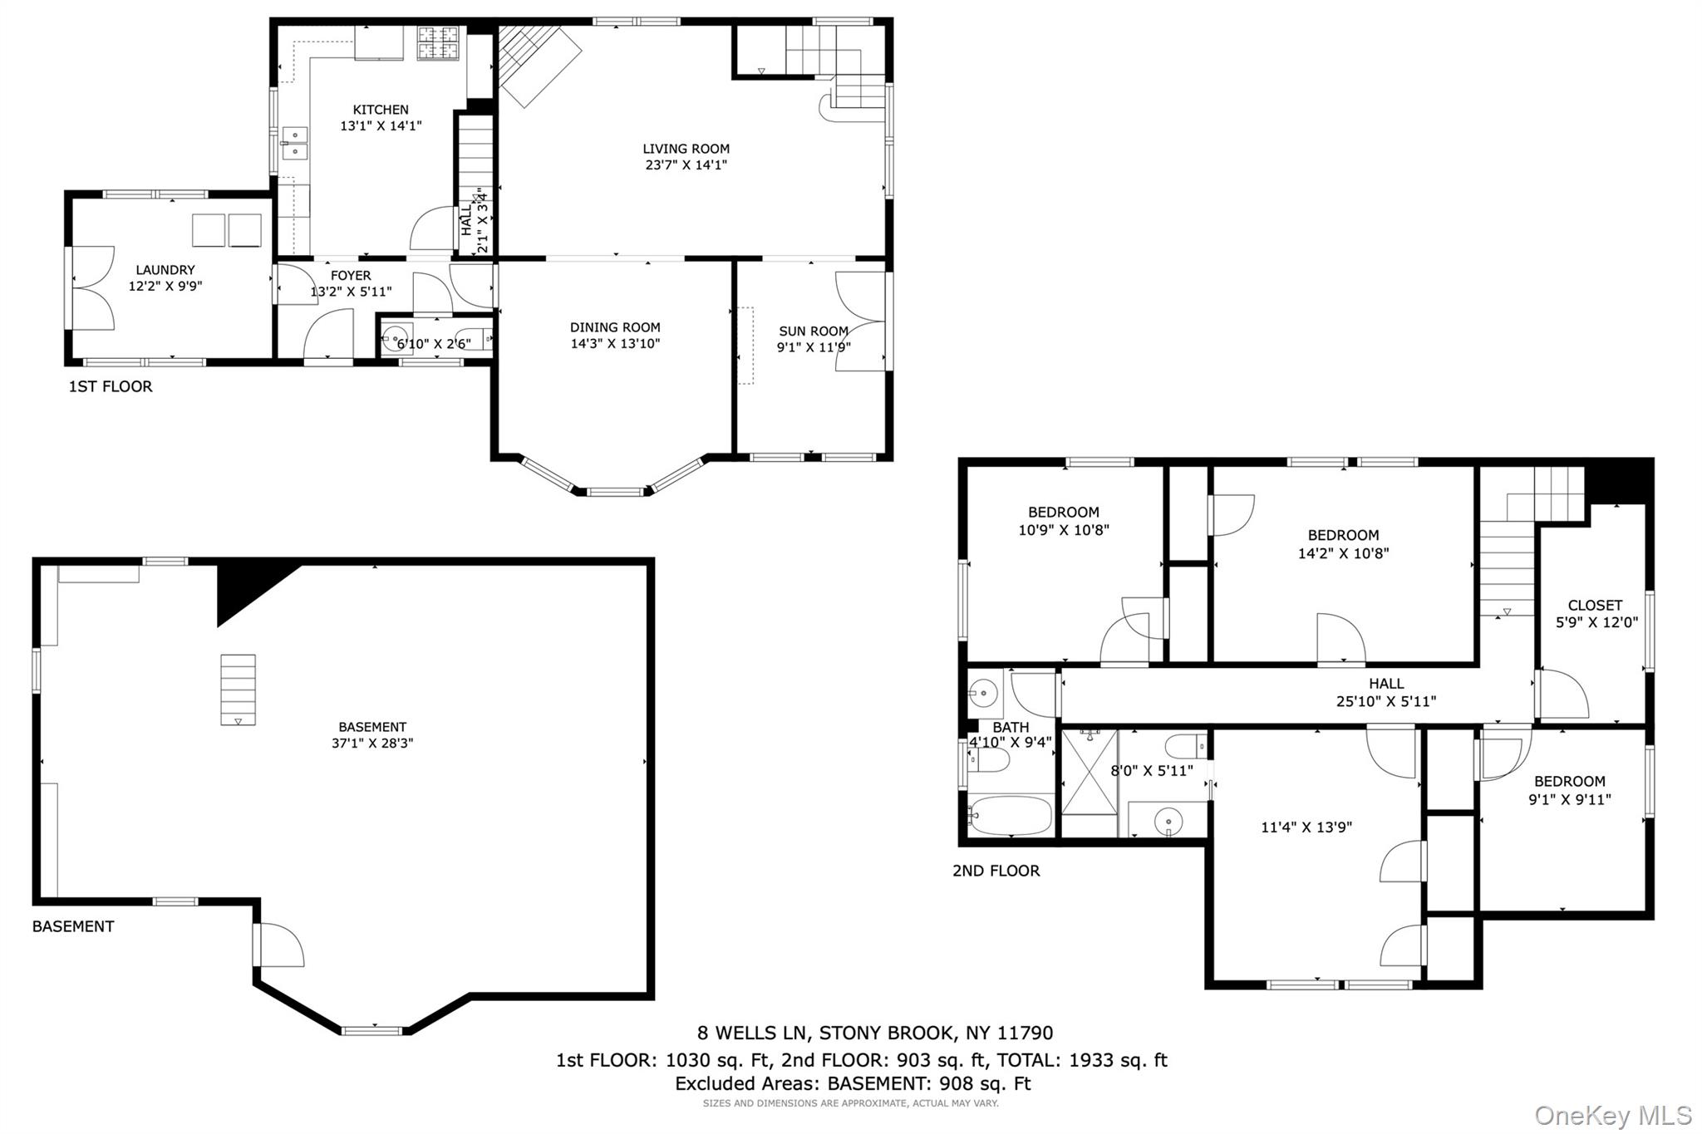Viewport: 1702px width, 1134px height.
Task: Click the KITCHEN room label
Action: point(381,110)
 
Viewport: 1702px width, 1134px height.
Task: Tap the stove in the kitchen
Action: point(438,43)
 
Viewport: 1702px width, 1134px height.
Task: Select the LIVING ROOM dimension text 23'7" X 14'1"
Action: point(686,165)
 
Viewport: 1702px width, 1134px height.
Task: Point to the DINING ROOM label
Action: point(615,327)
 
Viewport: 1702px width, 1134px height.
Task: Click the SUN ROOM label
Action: point(814,331)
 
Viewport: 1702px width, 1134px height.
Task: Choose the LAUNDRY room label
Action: point(165,270)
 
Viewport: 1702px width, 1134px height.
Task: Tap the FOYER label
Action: point(351,276)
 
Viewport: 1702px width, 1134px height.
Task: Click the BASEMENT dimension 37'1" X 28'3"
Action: point(372,744)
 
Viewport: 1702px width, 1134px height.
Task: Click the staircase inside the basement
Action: point(238,690)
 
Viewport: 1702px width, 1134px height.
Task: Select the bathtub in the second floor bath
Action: point(1010,815)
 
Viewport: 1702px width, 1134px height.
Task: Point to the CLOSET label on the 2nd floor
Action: point(1595,606)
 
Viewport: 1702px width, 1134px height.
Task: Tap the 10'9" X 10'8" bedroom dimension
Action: point(1064,530)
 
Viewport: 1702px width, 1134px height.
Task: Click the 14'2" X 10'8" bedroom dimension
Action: point(1343,553)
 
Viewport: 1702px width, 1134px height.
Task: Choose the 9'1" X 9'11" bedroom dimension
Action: point(1570,800)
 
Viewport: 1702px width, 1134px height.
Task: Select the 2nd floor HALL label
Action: point(1386,684)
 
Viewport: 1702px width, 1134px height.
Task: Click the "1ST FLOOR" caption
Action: point(111,386)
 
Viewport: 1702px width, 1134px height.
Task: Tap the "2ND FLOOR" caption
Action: point(996,871)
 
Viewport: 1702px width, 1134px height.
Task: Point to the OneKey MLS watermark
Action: point(1613,1115)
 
